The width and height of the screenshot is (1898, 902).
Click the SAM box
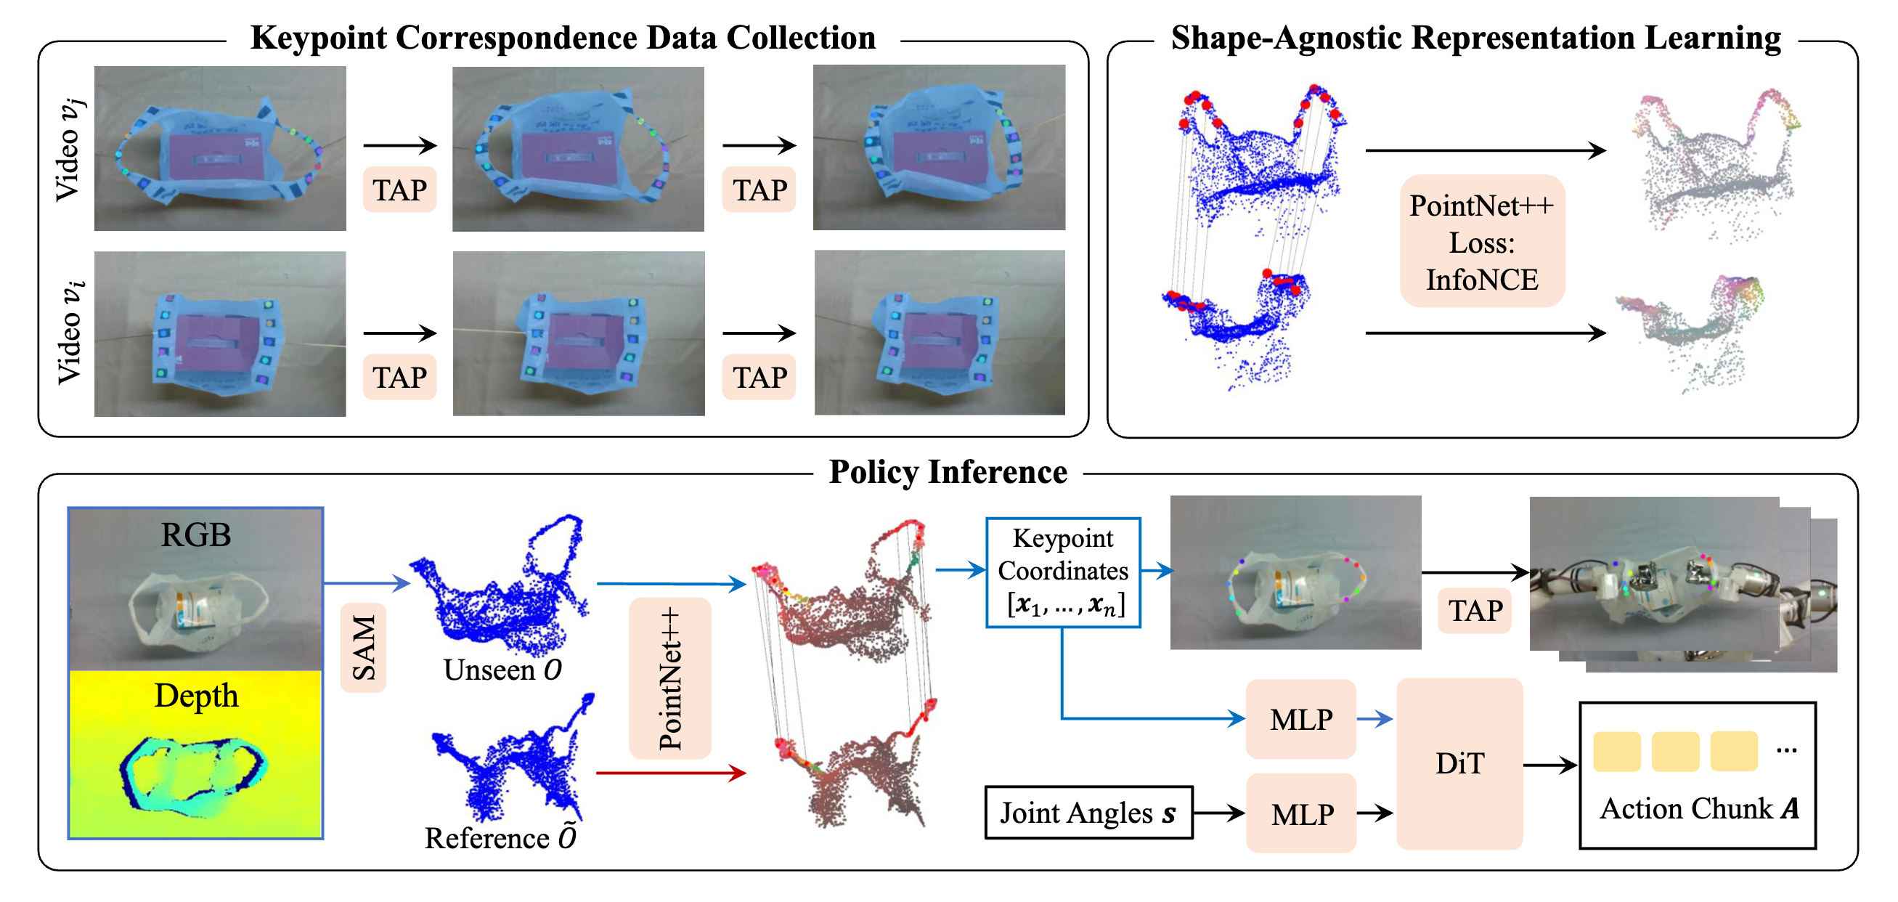[x=363, y=647]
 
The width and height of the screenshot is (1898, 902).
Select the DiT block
[x=1459, y=763]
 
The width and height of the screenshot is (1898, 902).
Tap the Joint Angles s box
[x=1088, y=813]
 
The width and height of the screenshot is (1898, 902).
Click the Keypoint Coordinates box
[x=1062, y=572]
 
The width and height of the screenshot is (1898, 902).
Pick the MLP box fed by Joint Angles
[x=1301, y=813]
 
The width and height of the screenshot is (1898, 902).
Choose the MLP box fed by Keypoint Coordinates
[x=1301, y=719]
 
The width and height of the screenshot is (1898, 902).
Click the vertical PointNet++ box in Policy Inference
[x=669, y=678]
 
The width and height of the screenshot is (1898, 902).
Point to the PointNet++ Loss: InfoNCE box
[x=1482, y=242]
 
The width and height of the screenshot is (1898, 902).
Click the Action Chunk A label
[x=1698, y=808]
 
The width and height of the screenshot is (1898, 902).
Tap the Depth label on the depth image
[x=196, y=696]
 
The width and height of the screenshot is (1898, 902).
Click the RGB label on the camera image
[x=196, y=535]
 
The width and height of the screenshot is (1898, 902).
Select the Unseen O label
[x=502, y=670]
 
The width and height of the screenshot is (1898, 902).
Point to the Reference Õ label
[x=501, y=838]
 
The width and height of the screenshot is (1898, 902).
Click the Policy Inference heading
[x=948, y=471]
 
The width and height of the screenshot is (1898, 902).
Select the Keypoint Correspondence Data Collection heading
[x=563, y=38]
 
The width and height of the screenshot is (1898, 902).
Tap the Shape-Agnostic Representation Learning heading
[x=1476, y=38]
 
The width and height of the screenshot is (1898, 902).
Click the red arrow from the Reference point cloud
[x=670, y=772]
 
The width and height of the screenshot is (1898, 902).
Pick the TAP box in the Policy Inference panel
[x=1475, y=611]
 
